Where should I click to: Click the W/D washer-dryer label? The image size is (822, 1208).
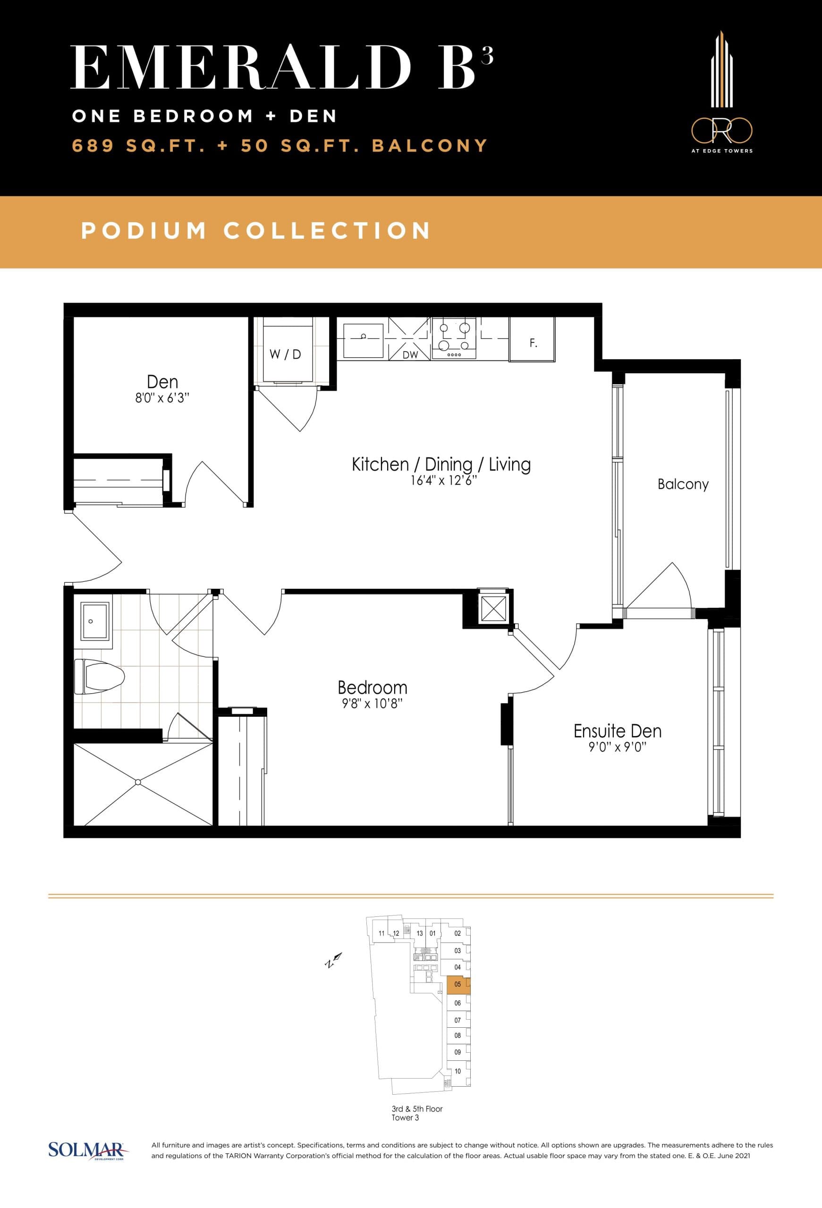click(x=285, y=354)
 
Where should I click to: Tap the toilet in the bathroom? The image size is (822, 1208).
click(x=99, y=676)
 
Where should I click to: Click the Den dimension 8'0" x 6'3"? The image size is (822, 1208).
click(x=162, y=399)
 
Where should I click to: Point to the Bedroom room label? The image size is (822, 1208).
click(x=372, y=688)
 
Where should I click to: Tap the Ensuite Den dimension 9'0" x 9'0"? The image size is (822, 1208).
click(x=617, y=747)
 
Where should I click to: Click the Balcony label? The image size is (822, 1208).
click(x=683, y=485)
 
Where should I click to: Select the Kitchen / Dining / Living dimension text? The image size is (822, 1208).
click(x=443, y=481)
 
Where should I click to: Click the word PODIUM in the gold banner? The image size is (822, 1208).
click(x=144, y=231)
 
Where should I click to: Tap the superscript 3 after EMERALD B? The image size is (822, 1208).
click(x=487, y=56)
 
